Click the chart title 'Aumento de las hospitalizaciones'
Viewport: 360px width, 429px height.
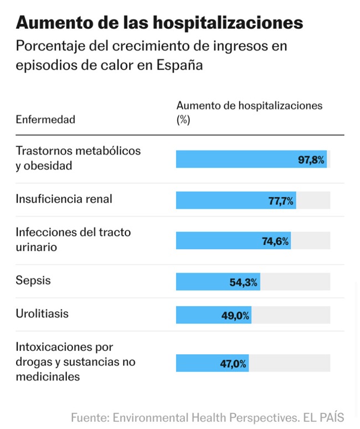coord(160,23)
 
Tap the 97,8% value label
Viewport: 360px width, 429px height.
coord(311,159)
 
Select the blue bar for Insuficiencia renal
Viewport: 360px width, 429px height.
coord(222,200)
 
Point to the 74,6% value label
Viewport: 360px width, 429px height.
coord(275,241)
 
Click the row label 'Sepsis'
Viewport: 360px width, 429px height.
coord(33,280)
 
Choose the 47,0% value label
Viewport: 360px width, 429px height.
coord(233,364)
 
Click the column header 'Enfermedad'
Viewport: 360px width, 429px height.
coord(45,120)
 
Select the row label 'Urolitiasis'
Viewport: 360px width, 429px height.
coord(42,313)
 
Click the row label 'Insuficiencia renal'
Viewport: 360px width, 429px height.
coord(64,198)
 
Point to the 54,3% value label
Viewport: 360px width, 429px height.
coord(243,282)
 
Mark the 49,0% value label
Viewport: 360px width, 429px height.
coord(235,316)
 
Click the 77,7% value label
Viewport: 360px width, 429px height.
coord(281,200)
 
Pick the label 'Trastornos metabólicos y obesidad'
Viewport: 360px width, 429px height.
coord(78,158)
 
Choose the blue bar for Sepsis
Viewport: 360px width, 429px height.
coord(202,282)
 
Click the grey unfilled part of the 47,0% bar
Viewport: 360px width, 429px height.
coord(289,364)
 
